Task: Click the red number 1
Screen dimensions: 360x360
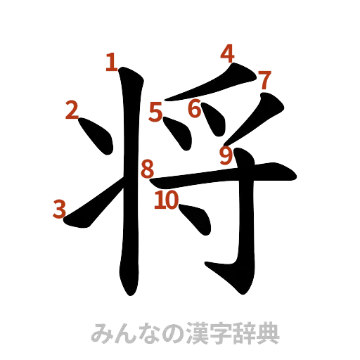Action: pyautogui.click(x=110, y=63)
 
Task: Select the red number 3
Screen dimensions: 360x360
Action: pyautogui.click(x=60, y=208)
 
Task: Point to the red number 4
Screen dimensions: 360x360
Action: pyautogui.click(x=226, y=53)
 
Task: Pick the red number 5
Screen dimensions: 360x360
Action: pyautogui.click(x=155, y=111)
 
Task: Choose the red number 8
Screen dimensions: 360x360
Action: pyautogui.click(x=148, y=169)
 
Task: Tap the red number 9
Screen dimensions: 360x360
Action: pyautogui.click(x=226, y=155)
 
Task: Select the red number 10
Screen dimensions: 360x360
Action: pyautogui.click(x=167, y=201)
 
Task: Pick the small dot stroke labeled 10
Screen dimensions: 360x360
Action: pyautogui.click(x=197, y=218)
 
